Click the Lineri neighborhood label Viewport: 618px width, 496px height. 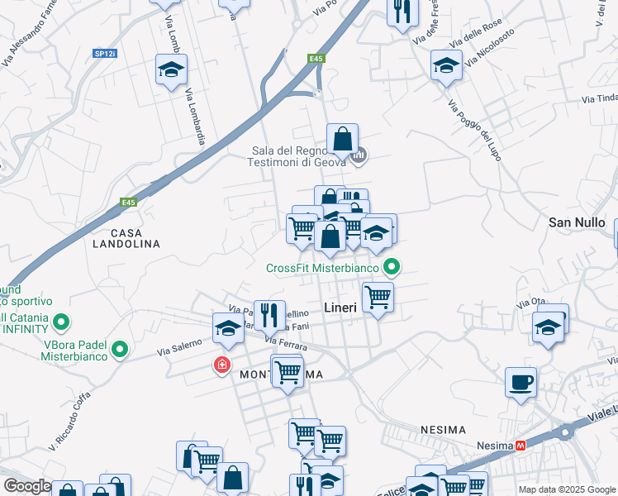340,308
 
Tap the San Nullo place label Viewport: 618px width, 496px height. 578,223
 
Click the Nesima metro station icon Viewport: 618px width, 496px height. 521,446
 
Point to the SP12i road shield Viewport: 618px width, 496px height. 105,53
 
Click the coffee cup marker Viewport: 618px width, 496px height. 521,383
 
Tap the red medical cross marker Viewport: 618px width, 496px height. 221,365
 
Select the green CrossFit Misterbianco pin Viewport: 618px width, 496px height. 393,267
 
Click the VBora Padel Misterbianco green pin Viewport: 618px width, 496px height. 120,351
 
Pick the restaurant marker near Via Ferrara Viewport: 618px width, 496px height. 269,315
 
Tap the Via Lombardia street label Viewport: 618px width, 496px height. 196,117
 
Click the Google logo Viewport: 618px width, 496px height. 27,486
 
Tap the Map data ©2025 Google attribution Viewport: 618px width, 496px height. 567,489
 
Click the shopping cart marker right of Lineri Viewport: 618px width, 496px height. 378,297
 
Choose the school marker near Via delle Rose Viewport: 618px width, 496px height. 446,65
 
